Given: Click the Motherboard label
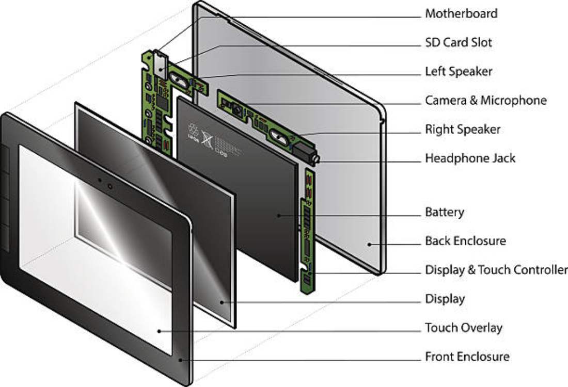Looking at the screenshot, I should coord(461,13).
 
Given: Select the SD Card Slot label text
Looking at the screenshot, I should coord(458,42).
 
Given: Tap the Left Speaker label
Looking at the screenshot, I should coord(458,71).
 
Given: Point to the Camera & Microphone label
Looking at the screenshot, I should coord(485,100).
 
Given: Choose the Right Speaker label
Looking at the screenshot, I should coord(462,129).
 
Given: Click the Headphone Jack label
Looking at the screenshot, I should coord(470,158).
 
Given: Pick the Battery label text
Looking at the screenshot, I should coord(444,212).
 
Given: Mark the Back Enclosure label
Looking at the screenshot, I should coord(465,241).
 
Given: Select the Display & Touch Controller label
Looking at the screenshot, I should coord(496,270).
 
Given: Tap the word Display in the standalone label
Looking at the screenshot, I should coord(445,299).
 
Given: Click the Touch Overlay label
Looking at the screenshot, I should coord(463,328).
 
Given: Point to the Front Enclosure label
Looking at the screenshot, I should coord(467,357).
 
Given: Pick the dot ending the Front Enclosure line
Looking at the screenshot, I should coord(180,360).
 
